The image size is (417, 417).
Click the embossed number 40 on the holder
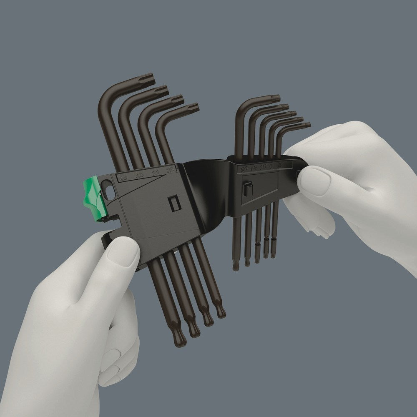[x=123, y=178]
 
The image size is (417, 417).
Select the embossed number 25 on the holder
[x=169, y=170]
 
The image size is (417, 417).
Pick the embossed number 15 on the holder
[x=253, y=168]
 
